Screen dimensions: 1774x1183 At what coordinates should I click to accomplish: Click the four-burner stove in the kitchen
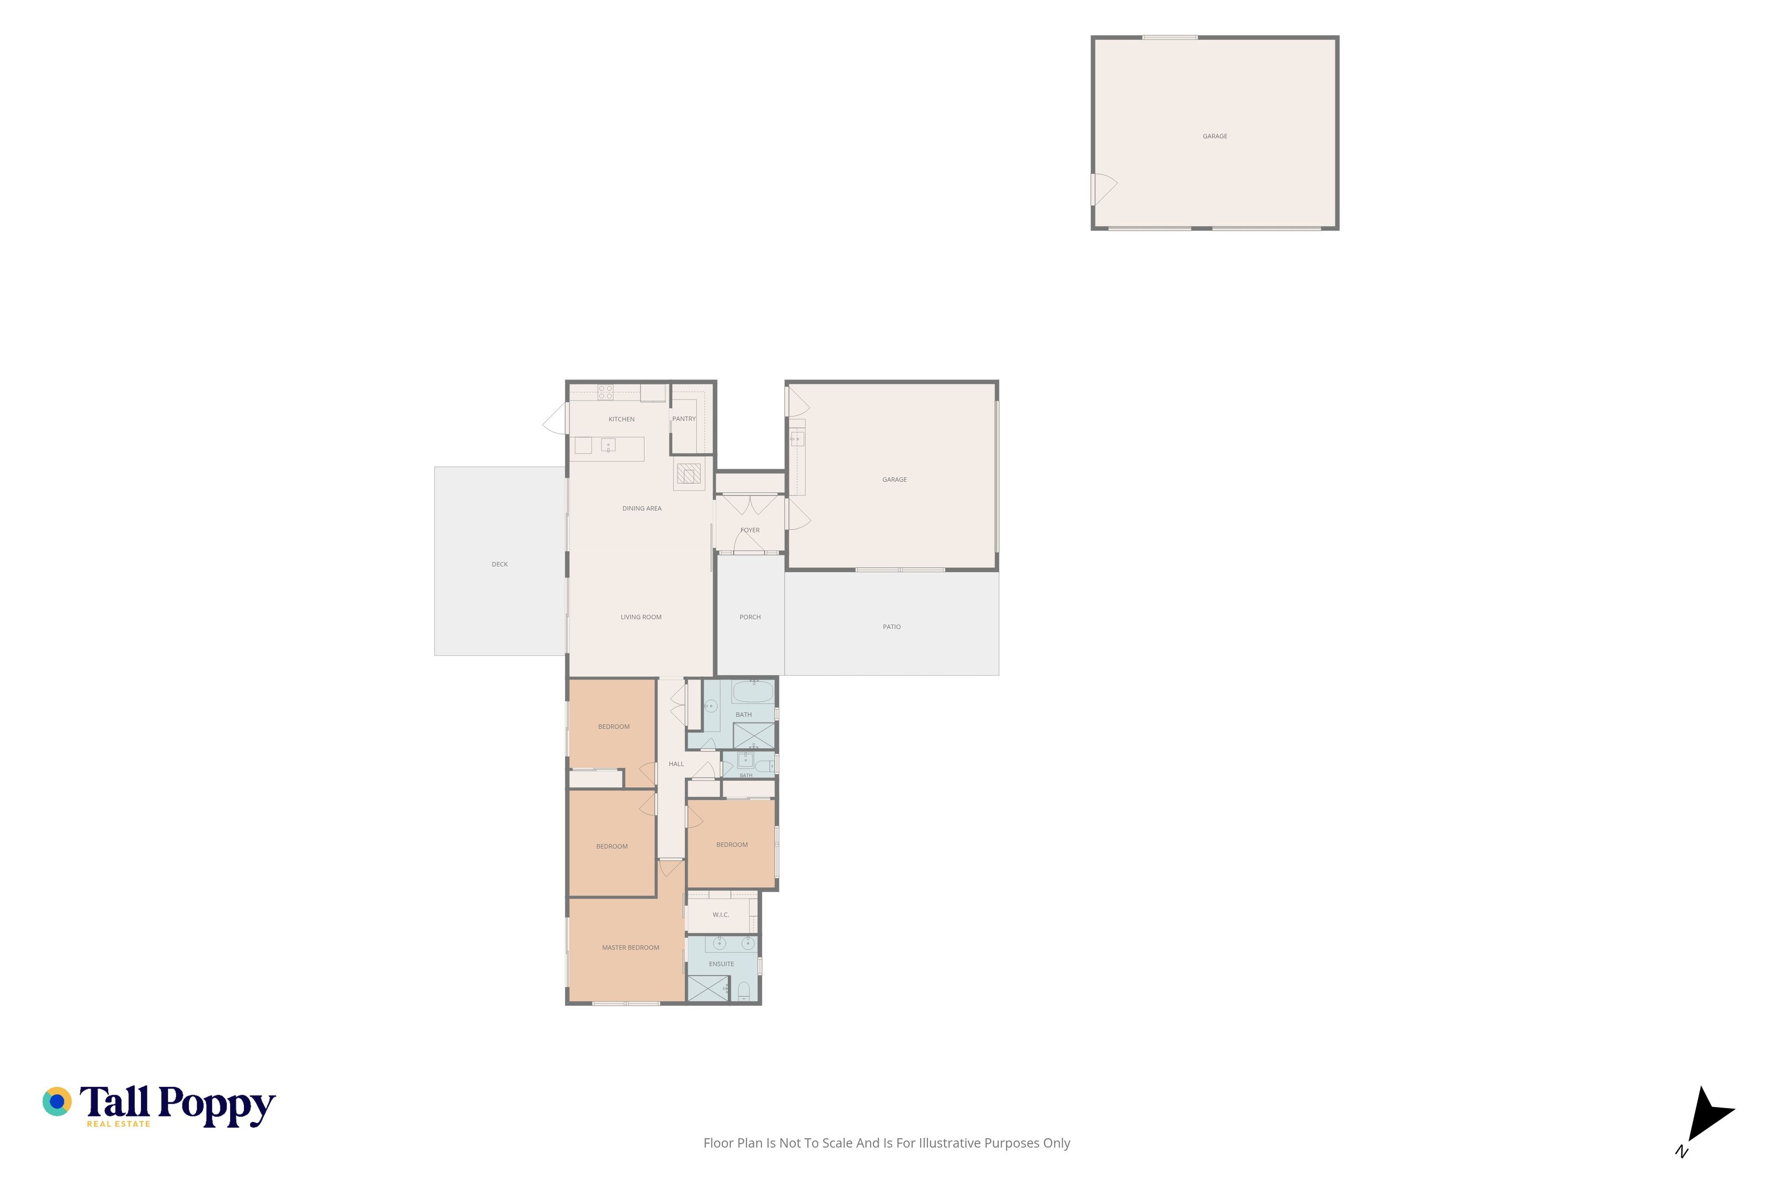(x=605, y=391)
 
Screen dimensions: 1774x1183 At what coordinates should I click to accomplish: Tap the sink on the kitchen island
(x=608, y=445)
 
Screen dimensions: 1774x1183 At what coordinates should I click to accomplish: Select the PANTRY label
(x=684, y=419)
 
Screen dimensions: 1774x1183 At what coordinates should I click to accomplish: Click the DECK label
(x=499, y=564)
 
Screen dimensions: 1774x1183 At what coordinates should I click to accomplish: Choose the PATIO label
(x=892, y=627)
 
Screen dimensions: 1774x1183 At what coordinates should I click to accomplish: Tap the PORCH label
(x=750, y=617)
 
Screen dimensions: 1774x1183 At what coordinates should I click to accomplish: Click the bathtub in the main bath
(x=753, y=691)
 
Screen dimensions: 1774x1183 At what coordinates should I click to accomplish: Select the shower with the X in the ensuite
(x=707, y=988)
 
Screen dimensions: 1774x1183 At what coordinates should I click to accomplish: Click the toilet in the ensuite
(x=744, y=991)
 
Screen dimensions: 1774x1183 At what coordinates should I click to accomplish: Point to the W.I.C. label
(x=720, y=915)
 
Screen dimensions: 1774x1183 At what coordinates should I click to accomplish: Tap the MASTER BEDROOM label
(x=631, y=948)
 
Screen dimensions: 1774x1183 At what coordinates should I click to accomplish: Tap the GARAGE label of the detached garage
(x=1215, y=137)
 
